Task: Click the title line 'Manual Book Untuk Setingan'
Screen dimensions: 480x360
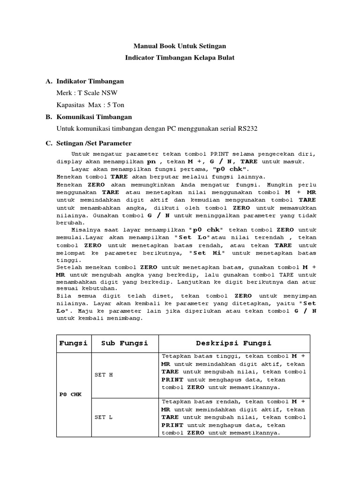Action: click(x=180, y=46)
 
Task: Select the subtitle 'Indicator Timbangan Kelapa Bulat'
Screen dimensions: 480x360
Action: click(x=180, y=58)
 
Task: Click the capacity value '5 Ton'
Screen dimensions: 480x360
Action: click(x=116, y=105)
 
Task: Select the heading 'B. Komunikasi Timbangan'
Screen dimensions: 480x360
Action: click(x=89, y=117)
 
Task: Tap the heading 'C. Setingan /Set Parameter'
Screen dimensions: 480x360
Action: click(x=89, y=143)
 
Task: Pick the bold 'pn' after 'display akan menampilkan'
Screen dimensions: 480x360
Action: click(x=151, y=161)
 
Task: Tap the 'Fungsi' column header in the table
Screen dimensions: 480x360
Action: click(x=74, y=343)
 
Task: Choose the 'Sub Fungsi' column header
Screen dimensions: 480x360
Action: click(x=125, y=343)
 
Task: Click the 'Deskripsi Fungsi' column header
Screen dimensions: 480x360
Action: click(x=234, y=343)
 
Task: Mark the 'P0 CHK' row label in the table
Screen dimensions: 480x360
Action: click(x=70, y=395)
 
